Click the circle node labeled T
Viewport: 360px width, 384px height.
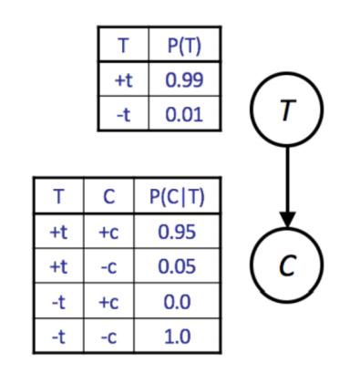tap(287, 111)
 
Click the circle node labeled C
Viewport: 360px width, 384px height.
tap(287, 265)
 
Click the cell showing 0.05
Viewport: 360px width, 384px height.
tap(175, 266)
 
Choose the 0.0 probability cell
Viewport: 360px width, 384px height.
tap(175, 302)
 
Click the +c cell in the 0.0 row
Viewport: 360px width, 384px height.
tap(110, 302)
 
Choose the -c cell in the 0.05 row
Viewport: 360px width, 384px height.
tap(110, 266)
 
